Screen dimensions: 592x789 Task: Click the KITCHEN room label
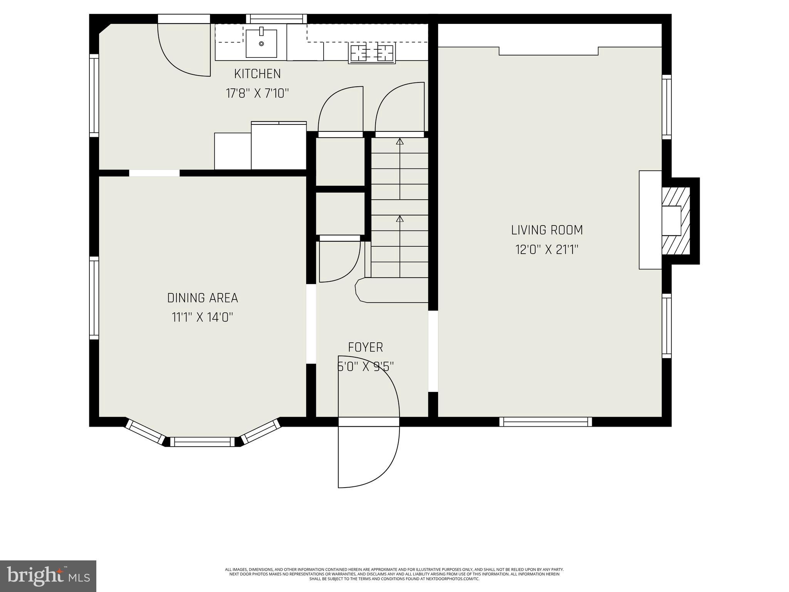(257, 74)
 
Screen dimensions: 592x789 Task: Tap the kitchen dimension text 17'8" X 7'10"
(257, 93)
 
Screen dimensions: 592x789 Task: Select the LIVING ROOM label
(547, 230)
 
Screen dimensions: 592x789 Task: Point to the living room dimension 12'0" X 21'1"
(547, 250)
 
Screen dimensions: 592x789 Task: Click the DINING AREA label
(202, 298)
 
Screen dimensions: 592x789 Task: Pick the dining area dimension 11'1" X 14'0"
(202, 318)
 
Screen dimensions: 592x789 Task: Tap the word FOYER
(365, 347)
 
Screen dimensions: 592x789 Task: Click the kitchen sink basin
(261, 44)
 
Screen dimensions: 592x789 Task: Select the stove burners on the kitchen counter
(372, 53)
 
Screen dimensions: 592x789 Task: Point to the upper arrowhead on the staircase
(400, 141)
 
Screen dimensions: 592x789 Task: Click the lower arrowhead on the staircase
(400, 219)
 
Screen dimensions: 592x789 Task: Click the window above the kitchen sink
(276, 18)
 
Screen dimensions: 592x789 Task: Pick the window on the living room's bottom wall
(546, 422)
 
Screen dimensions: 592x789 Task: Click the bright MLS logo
(48, 576)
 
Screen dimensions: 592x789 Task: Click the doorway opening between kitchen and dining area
(154, 173)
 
